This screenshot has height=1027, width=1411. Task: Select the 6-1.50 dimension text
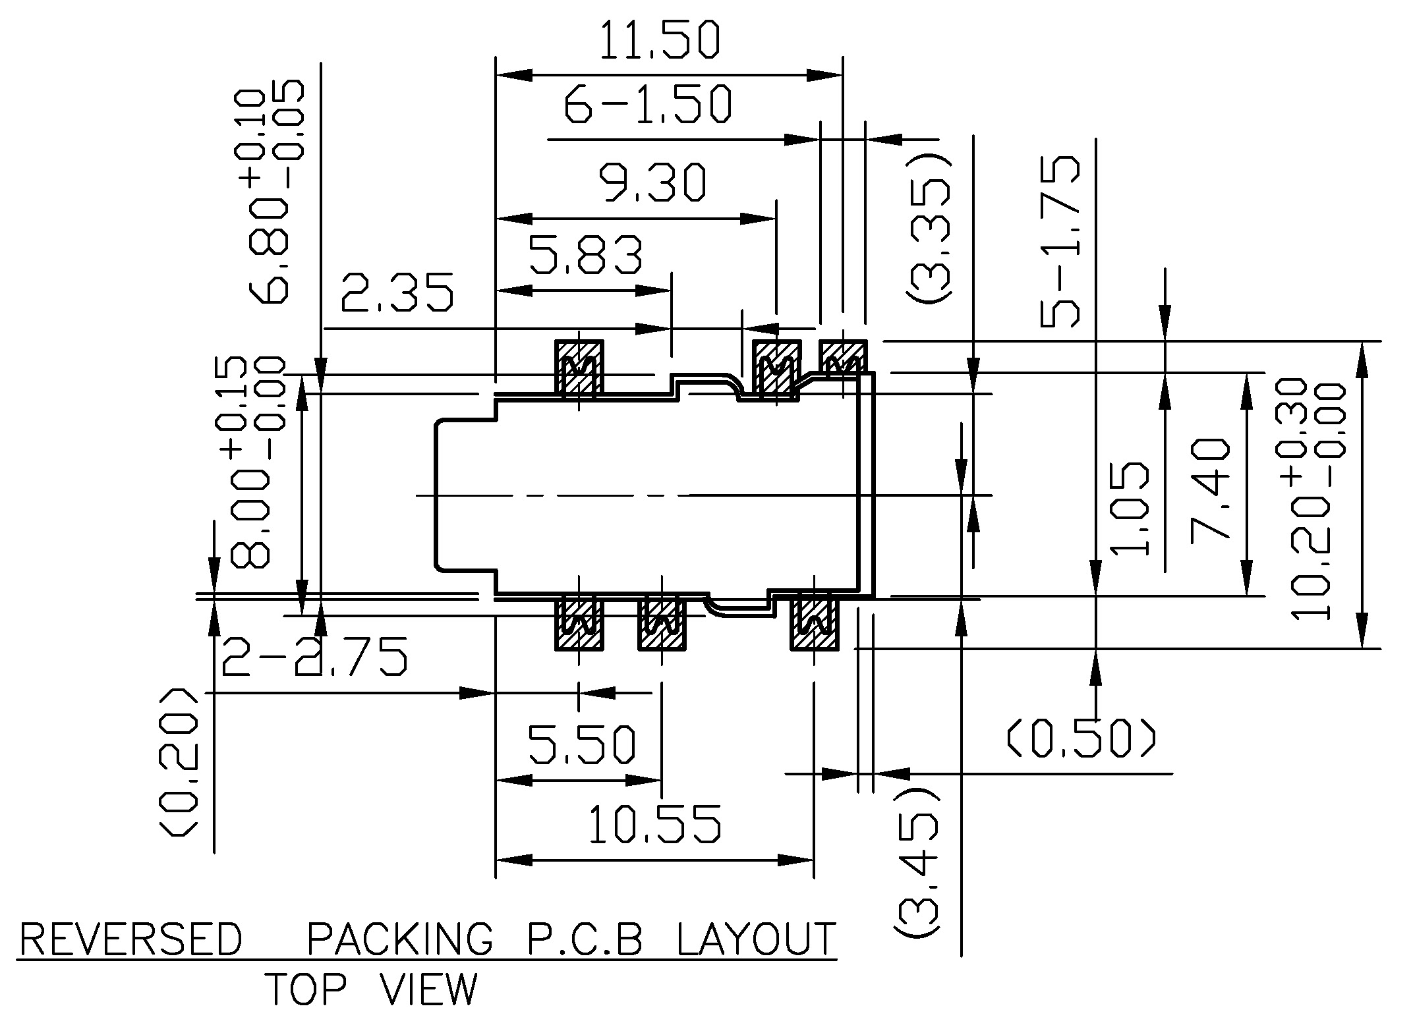point(648,104)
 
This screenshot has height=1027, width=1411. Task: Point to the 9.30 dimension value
point(652,182)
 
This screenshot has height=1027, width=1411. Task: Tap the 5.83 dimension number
point(586,255)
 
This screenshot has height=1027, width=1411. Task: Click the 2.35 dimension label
point(397,292)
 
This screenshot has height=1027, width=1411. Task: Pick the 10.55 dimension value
point(654,824)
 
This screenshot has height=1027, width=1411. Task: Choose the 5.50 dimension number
point(583,744)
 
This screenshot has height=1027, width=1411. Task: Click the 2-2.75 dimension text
point(314,657)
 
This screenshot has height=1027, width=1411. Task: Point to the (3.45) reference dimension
point(917,862)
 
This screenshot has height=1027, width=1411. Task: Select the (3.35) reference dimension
point(928,230)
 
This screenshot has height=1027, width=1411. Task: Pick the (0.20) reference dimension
point(178,763)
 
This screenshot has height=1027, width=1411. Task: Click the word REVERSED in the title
point(131,939)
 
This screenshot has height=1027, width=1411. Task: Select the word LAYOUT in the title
point(757,939)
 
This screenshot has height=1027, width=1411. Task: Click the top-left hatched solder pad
point(579,369)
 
